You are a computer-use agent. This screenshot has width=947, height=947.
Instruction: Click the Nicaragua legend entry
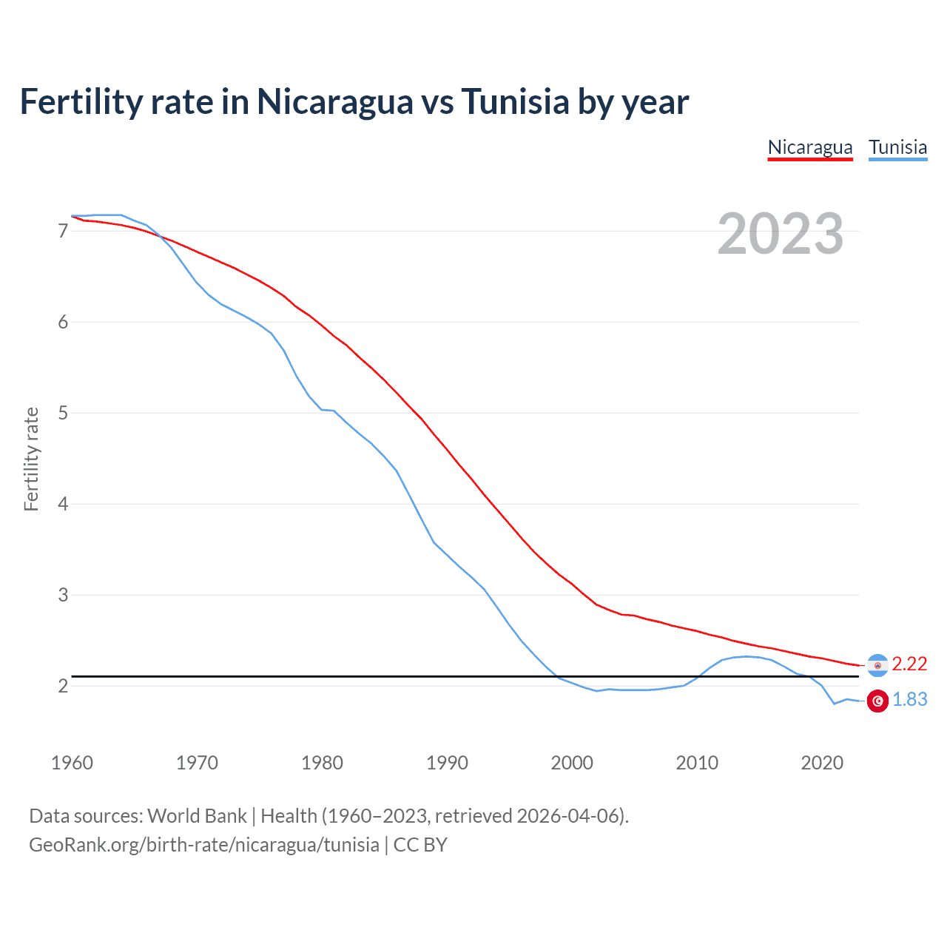point(810,147)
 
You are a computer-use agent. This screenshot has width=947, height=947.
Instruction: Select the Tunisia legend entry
point(897,147)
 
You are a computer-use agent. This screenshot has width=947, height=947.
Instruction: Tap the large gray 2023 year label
point(781,234)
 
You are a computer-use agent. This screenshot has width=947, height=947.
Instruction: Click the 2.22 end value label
point(909,664)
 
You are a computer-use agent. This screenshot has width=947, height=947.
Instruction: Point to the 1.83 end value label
point(909,700)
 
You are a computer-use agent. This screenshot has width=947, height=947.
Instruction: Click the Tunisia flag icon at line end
point(877,701)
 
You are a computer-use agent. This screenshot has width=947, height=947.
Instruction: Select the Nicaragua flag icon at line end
point(877,665)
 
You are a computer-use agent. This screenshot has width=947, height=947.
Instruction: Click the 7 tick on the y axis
point(63,231)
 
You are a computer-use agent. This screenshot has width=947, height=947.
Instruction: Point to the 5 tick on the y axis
point(63,413)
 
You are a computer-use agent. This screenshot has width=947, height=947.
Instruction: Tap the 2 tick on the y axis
point(63,686)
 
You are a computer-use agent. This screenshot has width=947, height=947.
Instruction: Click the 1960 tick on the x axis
point(72,763)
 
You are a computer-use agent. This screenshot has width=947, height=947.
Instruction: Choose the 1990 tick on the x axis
point(447,763)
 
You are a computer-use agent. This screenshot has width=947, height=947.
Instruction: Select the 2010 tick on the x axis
point(697,763)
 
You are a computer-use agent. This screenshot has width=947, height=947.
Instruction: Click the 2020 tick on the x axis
point(822,763)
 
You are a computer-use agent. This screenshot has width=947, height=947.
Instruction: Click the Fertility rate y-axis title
point(31,459)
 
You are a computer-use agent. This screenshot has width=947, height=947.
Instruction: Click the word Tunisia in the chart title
point(515,101)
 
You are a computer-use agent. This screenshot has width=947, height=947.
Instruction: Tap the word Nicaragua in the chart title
point(334,101)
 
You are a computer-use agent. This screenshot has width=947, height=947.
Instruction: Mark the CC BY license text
point(420,845)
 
